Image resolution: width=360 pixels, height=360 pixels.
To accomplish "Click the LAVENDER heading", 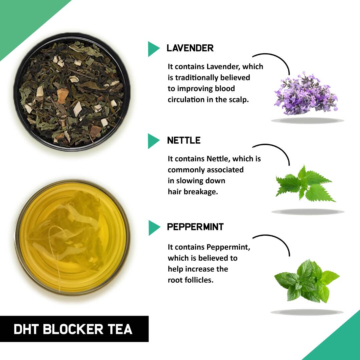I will click(190, 48).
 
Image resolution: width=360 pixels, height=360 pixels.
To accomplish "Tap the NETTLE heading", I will click(184, 140).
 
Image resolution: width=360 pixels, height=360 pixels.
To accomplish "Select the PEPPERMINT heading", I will click(195, 227).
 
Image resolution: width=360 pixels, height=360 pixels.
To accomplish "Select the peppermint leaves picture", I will click(306, 281).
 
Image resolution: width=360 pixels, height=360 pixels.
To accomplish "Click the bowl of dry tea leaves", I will click(71, 92).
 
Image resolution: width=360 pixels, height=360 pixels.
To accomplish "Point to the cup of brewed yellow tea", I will click(71, 237).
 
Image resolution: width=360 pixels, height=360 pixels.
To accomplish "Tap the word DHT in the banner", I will click(26, 329).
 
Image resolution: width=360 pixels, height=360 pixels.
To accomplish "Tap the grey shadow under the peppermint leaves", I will click(307, 312).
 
